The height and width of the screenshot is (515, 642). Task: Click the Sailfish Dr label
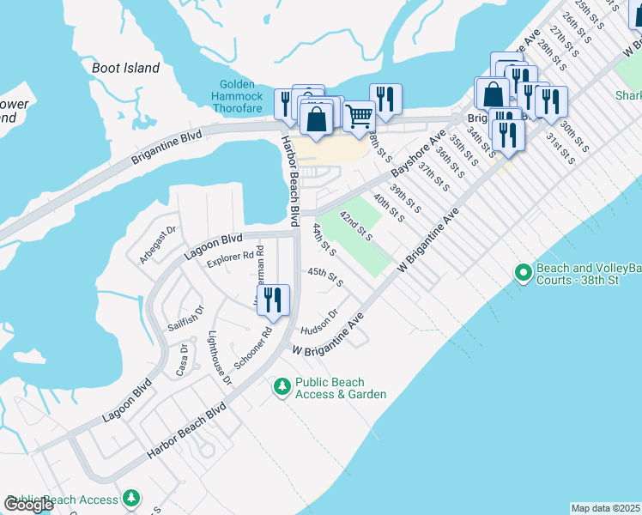[185, 318]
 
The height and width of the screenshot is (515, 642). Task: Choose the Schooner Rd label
[254, 345]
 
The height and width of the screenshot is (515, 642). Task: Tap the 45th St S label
[325, 276]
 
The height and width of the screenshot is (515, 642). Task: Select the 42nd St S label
[355, 225]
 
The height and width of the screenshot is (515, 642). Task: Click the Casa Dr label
[181, 359]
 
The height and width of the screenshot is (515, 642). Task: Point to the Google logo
[28, 505]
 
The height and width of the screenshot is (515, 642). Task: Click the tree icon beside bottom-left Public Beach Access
[130, 498]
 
